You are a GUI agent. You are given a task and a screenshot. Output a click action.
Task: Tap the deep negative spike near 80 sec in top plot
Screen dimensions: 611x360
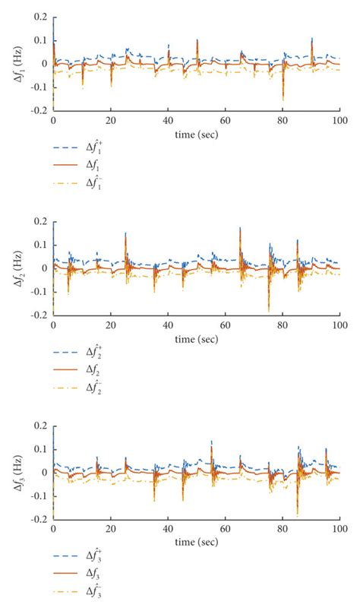[283, 99]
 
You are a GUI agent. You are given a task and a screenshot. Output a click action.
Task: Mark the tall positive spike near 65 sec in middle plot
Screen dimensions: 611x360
[240, 228]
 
